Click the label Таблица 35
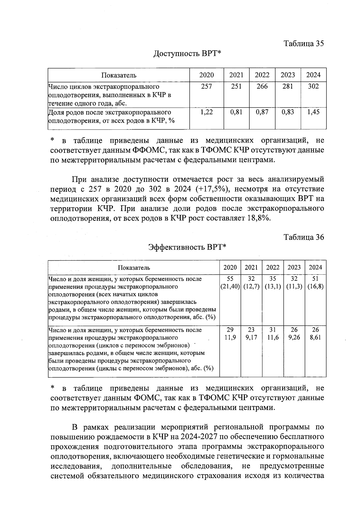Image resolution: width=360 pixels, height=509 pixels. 304,43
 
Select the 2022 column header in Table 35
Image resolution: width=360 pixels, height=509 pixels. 262,75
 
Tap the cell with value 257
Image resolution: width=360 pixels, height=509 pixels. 206,86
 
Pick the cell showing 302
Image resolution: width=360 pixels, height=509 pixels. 313,86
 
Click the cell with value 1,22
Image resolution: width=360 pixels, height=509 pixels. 206,112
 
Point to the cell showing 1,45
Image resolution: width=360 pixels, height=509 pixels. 313,112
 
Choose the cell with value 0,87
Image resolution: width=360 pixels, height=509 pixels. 262,112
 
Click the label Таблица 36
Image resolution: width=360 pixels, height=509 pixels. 304,237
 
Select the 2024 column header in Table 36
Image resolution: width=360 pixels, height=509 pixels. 315,267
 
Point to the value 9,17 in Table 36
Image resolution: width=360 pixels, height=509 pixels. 251,337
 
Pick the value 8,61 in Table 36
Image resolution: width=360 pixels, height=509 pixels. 315,337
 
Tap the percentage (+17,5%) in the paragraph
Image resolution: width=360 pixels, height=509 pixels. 213,189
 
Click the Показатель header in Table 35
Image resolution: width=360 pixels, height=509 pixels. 119,75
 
